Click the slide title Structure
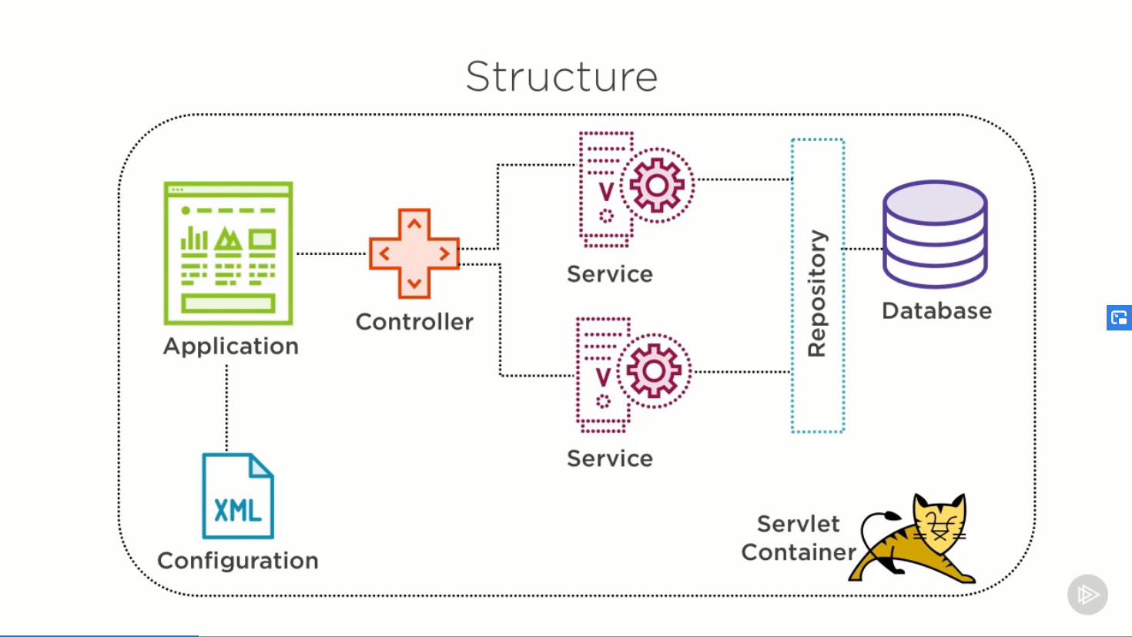[561, 76]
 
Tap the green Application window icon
[228, 253]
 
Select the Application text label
[230, 347]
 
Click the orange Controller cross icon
[414, 253]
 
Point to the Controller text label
[414, 322]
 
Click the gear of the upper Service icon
[657, 186]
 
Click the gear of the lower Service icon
[654, 371]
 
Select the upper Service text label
[609, 274]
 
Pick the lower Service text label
[609, 459]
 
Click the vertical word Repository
[817, 293]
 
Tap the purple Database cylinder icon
[935, 234]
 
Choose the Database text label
[936, 311]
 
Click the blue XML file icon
[237, 496]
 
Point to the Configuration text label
[237, 561]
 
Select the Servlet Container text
[799, 538]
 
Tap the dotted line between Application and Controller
[331, 253]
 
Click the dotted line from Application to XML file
[226, 408]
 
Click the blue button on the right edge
[1119, 317]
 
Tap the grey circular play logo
[1087, 595]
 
